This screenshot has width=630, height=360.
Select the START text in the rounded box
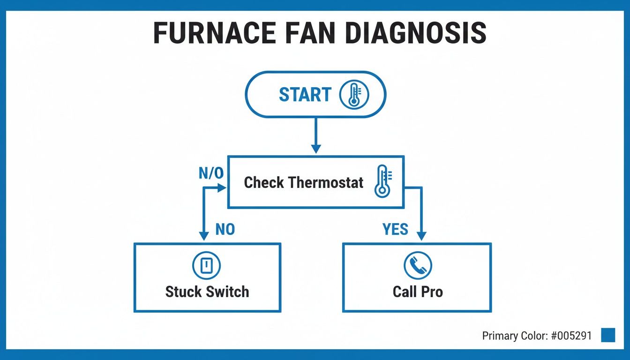305,95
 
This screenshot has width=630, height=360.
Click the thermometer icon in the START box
354,95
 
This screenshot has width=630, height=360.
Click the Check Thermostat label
303,182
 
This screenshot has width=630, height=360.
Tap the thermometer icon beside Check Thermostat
383,181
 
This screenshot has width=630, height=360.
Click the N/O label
211,173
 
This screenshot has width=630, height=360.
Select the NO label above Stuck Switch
225,229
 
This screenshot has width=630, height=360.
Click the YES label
395,229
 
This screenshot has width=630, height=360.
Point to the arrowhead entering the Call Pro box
421,236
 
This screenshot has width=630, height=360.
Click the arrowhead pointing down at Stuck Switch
204,236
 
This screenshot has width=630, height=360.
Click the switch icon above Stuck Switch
207,266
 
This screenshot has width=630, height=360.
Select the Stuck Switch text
207,292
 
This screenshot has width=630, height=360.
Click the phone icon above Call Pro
417,266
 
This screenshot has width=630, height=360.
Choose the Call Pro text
417,292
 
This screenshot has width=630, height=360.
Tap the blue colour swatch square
607,335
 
